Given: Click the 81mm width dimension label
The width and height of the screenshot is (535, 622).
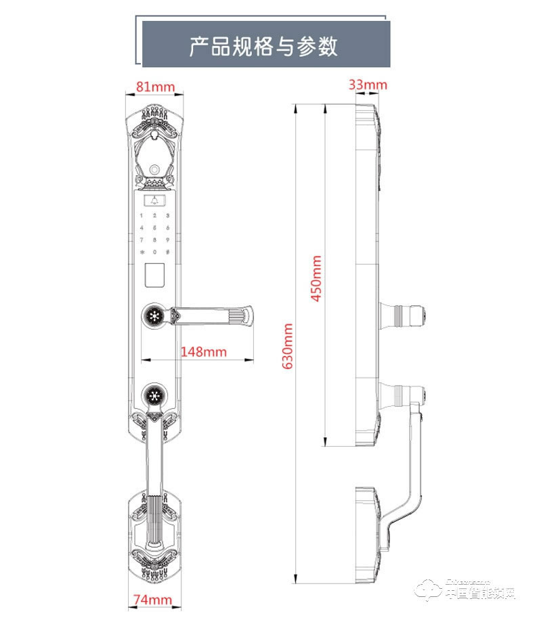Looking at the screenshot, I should pyautogui.click(x=155, y=87).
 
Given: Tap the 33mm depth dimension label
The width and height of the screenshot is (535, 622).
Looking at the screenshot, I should pyautogui.click(x=368, y=85).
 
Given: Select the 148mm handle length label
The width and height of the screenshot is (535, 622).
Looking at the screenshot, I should pyautogui.click(x=203, y=351).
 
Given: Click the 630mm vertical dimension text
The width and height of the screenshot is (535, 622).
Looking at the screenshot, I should pyautogui.click(x=286, y=345).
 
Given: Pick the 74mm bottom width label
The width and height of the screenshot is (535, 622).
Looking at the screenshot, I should pyautogui.click(x=152, y=600).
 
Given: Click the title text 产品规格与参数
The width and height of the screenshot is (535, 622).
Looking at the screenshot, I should pyautogui.click(x=263, y=46).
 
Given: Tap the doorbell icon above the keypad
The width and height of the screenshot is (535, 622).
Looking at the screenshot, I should pyautogui.click(x=155, y=201).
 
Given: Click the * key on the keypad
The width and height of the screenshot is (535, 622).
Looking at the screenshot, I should pyautogui.click(x=142, y=252).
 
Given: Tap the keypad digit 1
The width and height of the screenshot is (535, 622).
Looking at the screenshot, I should pyautogui.click(x=142, y=215).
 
